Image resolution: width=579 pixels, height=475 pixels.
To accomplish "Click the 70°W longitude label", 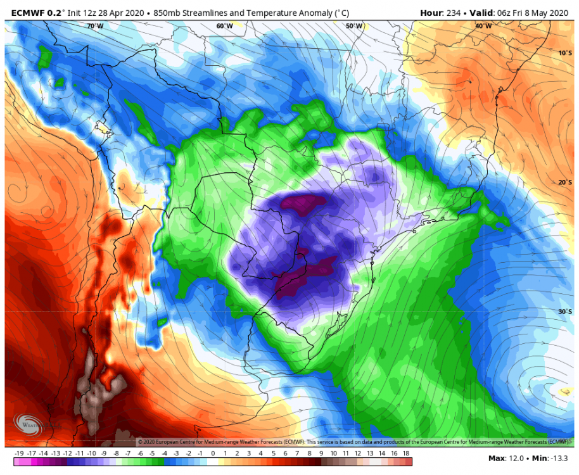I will tap(94, 26).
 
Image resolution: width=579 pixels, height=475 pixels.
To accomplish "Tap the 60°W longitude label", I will tap(224, 26).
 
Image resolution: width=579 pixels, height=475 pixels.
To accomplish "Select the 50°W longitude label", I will tap(354, 26).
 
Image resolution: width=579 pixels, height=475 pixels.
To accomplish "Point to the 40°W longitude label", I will tap(483, 26).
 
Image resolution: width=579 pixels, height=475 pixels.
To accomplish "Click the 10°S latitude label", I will tap(565, 53).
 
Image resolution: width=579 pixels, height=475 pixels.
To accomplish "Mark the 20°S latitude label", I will tap(565, 182).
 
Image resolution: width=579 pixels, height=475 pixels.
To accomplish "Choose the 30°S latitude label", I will tap(565, 312).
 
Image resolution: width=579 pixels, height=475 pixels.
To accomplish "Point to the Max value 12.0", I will tap(516, 458).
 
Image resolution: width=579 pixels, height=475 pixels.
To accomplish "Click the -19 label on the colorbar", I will tap(18, 453).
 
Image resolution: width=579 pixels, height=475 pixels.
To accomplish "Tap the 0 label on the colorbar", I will tap(213, 453).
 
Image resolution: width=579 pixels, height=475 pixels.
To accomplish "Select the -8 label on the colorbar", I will tap(117, 453).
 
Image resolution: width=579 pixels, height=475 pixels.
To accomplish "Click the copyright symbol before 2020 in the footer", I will tap(140, 441).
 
